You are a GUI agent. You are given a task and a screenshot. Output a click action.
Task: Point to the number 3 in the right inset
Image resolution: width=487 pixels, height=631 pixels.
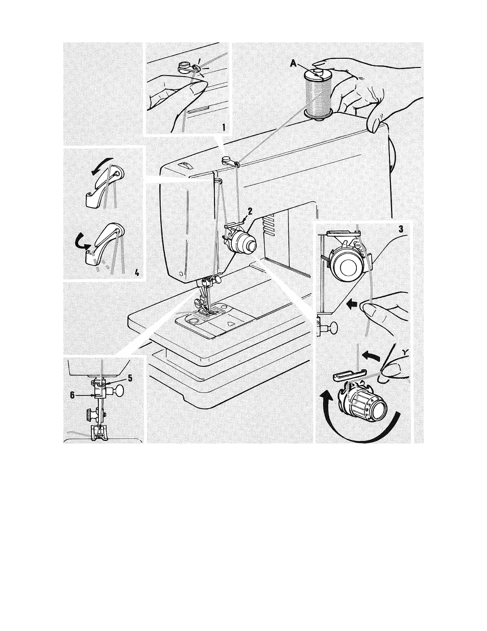401,229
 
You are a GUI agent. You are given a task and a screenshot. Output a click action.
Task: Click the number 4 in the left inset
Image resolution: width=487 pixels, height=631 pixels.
137,272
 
